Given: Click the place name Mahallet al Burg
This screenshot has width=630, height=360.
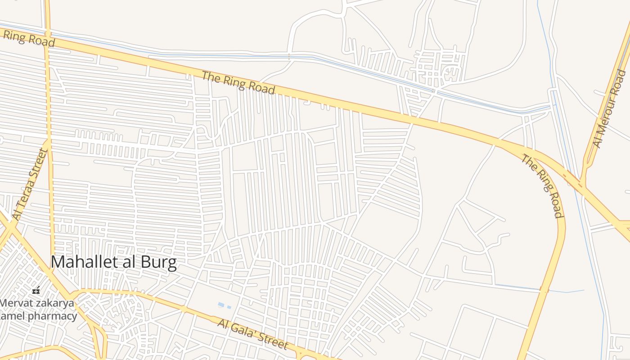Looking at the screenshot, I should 113,262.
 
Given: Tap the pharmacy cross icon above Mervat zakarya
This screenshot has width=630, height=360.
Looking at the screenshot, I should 36,291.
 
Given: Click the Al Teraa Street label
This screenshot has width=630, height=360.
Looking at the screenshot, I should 30,184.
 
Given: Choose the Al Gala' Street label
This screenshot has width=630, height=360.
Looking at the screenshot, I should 252,334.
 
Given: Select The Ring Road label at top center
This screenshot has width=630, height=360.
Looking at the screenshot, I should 238,83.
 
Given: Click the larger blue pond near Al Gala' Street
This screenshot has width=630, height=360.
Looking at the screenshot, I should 221,305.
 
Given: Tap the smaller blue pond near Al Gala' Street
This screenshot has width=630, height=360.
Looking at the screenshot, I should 229,307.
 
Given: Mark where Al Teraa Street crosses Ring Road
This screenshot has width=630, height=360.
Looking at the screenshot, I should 47,34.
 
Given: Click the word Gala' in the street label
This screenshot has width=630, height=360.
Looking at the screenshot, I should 247,332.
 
